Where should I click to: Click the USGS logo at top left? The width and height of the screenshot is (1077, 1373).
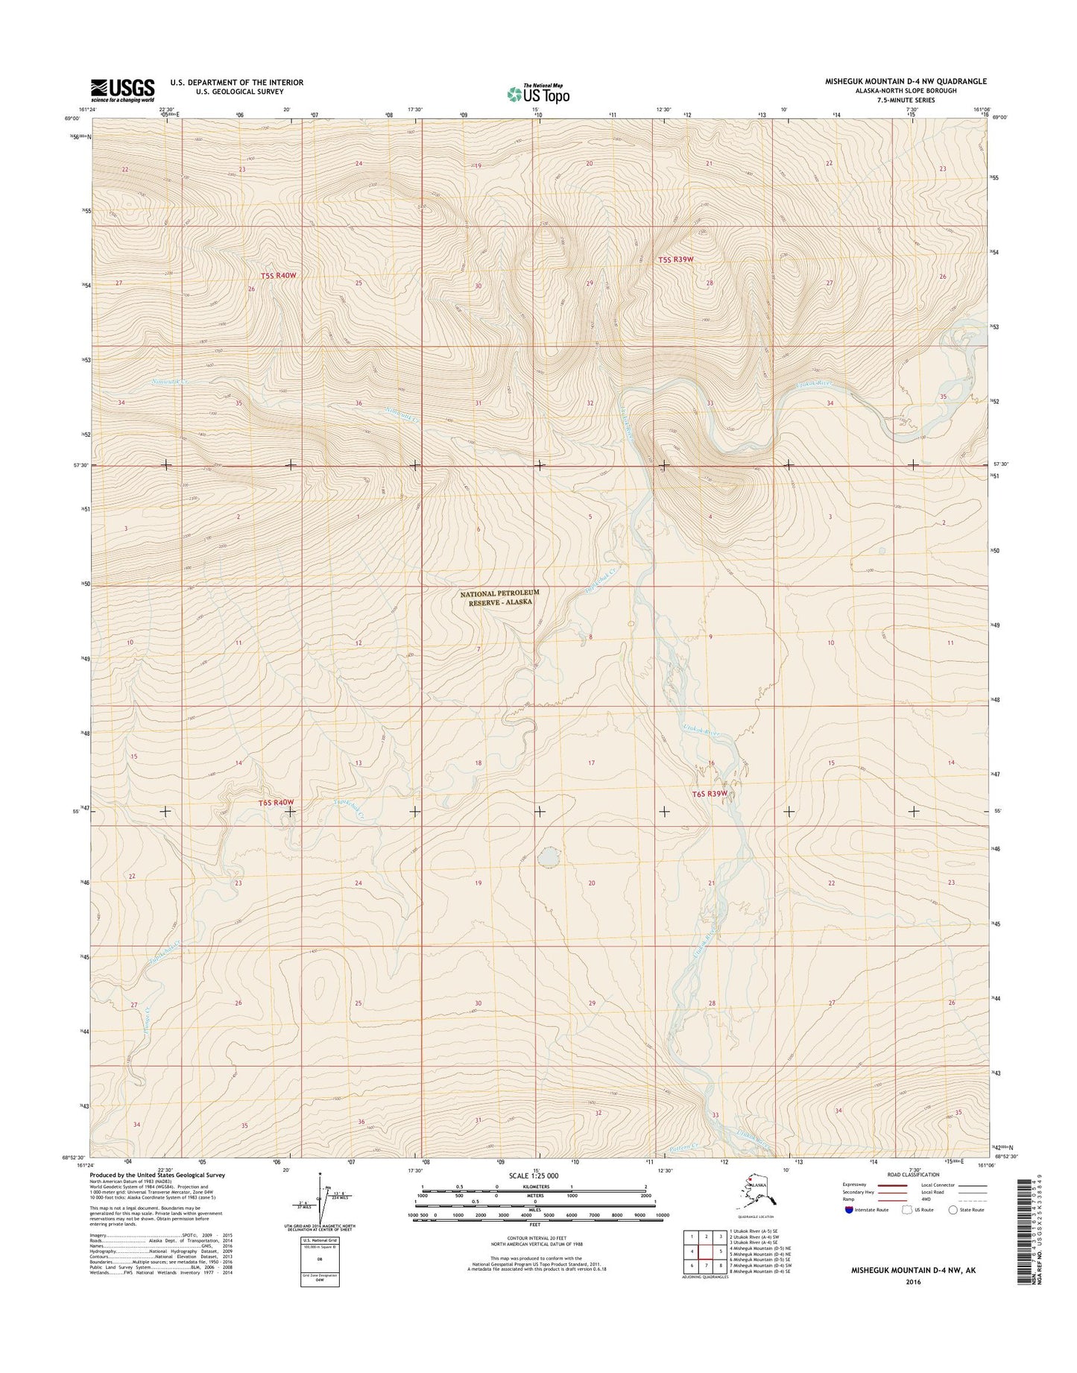pos(122,89)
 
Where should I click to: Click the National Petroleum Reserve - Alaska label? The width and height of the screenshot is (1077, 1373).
pos(499,596)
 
